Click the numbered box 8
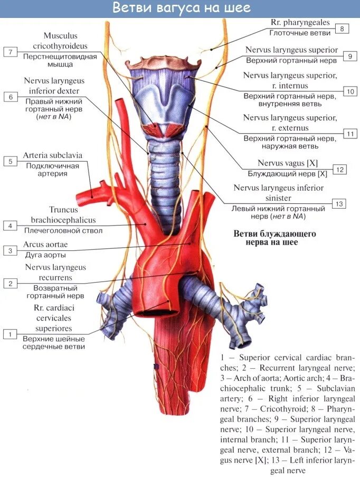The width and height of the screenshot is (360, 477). tap(342, 29)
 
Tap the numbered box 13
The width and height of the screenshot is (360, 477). tap(339, 204)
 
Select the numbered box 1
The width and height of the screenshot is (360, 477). tap(9, 334)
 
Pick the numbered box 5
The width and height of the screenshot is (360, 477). tap(9, 161)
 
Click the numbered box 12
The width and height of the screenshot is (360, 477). tap(339, 170)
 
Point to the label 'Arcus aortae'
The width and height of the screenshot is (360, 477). tap(45, 245)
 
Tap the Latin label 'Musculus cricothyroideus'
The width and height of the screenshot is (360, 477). tap(60, 40)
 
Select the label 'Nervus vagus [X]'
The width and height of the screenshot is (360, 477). tap(287, 163)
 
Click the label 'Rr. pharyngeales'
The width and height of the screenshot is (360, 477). tap(300, 23)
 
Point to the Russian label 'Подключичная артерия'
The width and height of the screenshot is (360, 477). tap(53, 170)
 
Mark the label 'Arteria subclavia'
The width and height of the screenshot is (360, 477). tap(53, 156)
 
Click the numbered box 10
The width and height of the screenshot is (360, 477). tap(350, 91)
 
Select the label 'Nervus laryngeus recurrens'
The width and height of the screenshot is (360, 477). tap(55, 273)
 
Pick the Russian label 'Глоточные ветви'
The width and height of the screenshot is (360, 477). tap(300, 33)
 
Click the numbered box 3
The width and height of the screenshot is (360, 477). tap(9, 250)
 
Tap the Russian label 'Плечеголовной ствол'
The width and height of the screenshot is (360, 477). tap(63, 230)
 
